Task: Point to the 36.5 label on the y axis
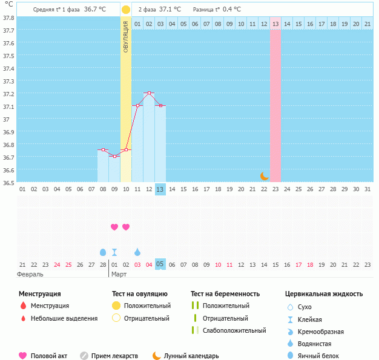[x=8, y=182]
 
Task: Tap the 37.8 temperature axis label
[x=8, y=18]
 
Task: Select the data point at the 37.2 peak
[x=149, y=93]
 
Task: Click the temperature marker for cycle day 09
[x=114, y=156]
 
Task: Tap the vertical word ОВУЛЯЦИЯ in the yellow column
[x=125, y=36]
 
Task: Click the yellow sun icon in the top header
[x=125, y=10]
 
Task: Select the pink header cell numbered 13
[x=275, y=24]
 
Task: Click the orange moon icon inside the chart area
[x=265, y=175]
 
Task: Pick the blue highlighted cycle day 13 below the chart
[x=160, y=189]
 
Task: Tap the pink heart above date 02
[x=126, y=227]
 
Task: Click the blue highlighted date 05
[x=160, y=264]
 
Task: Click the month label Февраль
[x=30, y=274]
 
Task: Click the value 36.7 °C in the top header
[x=95, y=10]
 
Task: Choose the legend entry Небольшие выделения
[x=64, y=318]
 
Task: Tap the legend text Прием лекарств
[x=114, y=356]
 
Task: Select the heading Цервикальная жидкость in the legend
[x=324, y=294]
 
